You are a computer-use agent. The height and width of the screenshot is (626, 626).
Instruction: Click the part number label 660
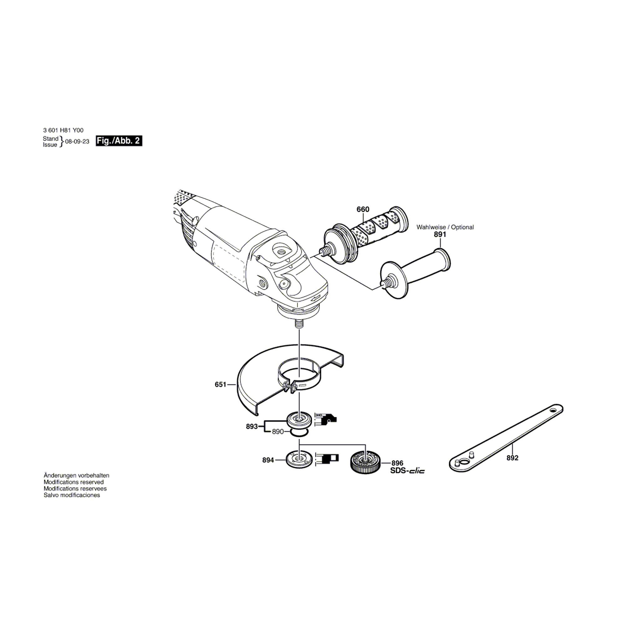point(363,209)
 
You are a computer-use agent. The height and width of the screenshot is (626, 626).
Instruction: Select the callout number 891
point(440,234)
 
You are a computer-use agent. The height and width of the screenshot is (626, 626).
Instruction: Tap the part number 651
point(220,384)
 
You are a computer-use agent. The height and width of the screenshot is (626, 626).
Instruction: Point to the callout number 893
point(252,426)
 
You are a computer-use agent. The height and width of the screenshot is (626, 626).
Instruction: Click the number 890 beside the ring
point(278,432)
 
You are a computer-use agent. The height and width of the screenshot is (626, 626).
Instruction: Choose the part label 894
point(268,460)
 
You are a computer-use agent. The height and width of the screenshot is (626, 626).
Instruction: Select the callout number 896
point(397,463)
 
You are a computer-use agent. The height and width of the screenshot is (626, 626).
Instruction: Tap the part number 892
point(512,458)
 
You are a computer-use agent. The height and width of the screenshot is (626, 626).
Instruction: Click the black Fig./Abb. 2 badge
point(119,141)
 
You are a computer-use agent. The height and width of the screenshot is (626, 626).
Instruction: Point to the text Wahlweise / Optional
point(445,227)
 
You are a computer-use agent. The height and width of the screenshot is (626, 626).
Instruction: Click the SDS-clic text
point(407,471)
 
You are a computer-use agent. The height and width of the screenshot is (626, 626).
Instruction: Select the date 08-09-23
point(77,141)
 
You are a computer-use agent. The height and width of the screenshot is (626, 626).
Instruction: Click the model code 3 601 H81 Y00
point(63,130)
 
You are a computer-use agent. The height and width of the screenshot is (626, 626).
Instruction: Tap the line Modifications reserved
point(74,482)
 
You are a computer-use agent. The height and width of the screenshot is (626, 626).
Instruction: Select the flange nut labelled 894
point(298,459)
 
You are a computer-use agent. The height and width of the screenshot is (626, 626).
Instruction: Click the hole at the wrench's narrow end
point(553,410)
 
